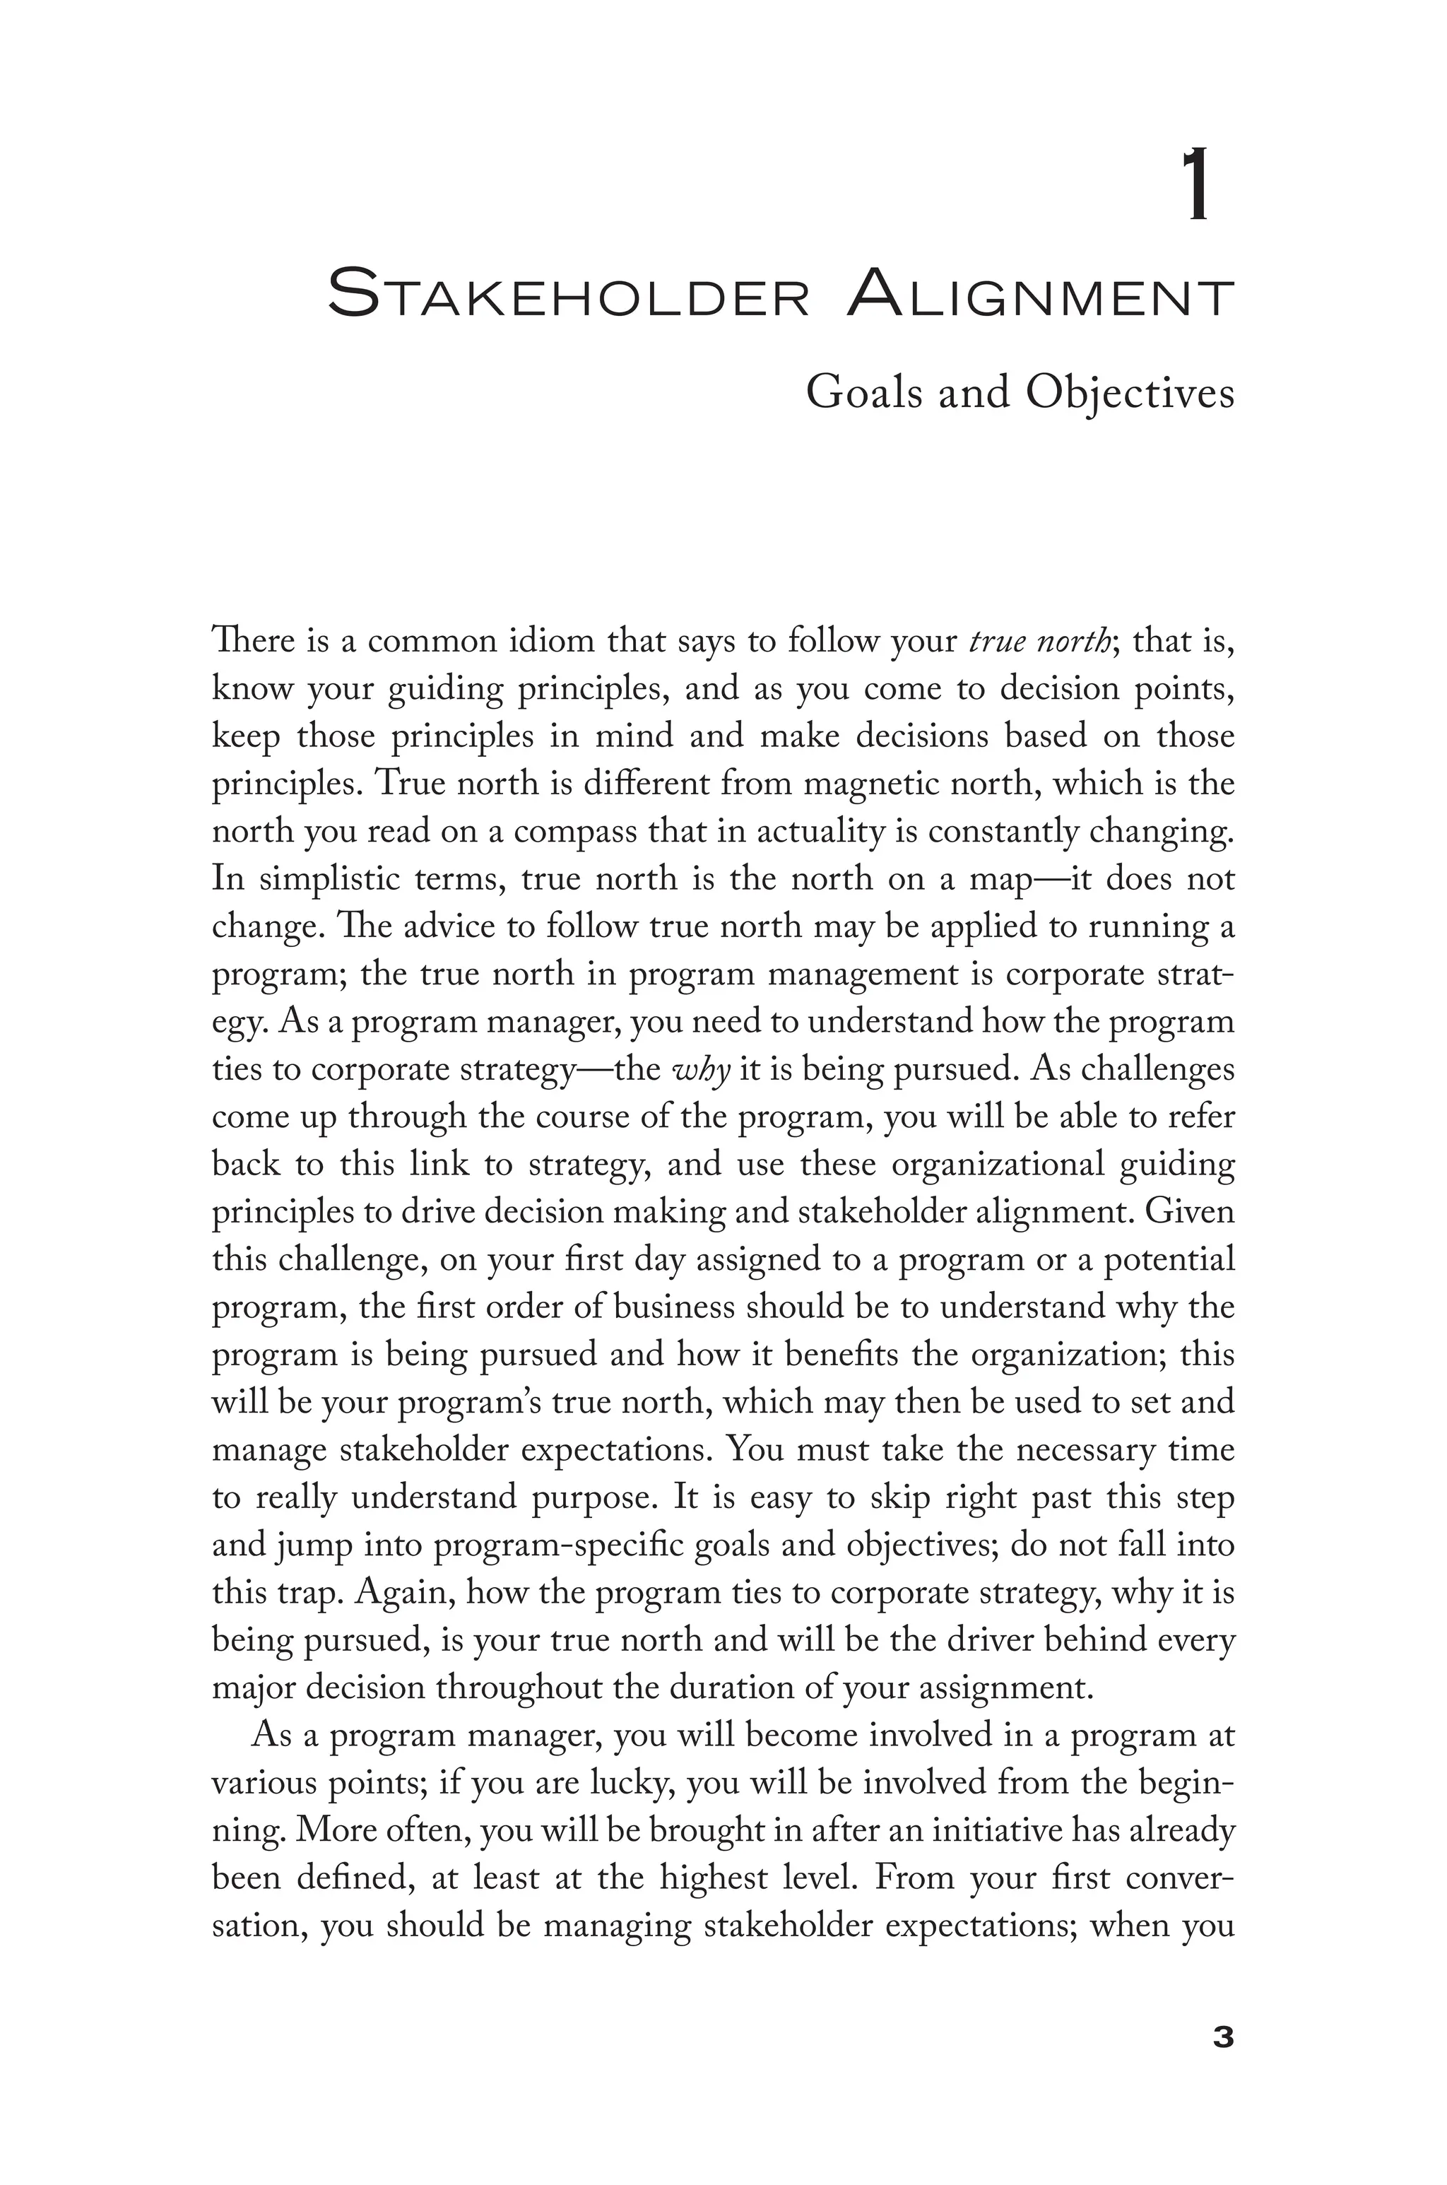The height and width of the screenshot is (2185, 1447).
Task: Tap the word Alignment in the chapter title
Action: click(1040, 295)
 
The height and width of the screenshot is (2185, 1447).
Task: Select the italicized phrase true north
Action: click(1038, 641)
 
